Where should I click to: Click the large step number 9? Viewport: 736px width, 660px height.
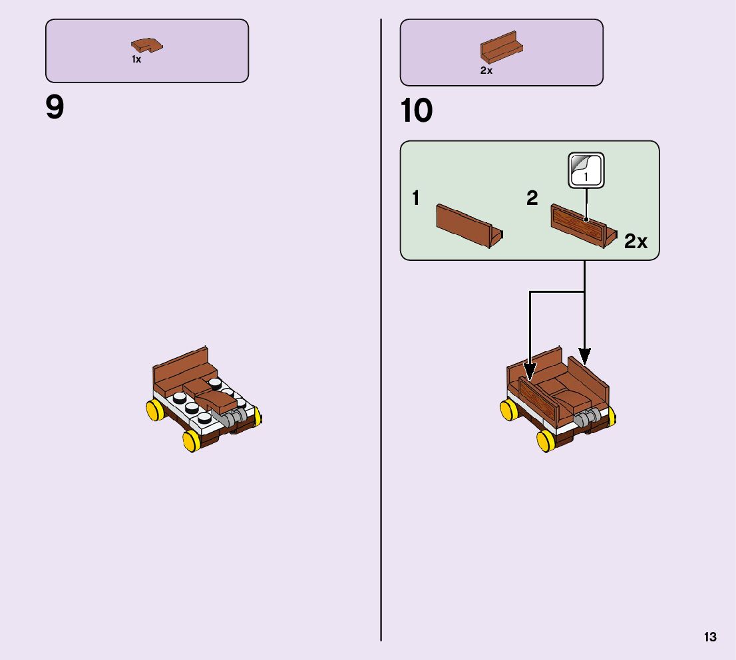click(x=55, y=108)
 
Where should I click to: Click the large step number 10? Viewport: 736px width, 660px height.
click(x=417, y=111)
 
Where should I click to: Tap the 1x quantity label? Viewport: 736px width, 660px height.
click(x=136, y=60)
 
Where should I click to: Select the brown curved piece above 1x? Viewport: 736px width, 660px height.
click(x=147, y=46)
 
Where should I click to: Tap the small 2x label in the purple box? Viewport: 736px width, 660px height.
click(x=486, y=71)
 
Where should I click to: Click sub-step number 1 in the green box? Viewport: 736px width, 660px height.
click(x=416, y=198)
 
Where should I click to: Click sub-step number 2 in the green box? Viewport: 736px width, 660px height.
click(x=532, y=198)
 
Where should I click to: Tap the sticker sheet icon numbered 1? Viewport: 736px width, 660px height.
click(x=586, y=170)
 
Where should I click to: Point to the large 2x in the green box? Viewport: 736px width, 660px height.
click(x=636, y=242)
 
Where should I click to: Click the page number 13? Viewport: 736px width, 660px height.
click(x=710, y=637)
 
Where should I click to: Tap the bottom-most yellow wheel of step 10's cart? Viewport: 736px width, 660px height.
click(x=546, y=440)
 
